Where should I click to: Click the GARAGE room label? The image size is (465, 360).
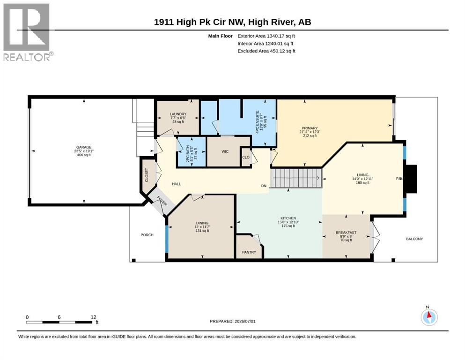pyautogui.click(x=84, y=147)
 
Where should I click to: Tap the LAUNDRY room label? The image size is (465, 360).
pyautogui.click(x=178, y=114)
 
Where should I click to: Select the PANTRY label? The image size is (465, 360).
pyautogui.click(x=249, y=252)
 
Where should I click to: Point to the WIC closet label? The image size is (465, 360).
pyautogui.click(x=225, y=152)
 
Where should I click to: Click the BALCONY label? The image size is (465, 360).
pyautogui.click(x=414, y=239)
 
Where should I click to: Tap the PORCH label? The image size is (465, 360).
pyautogui.click(x=147, y=235)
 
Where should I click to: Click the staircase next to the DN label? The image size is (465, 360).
pyautogui.click(x=296, y=178)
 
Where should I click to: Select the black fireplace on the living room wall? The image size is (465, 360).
pyautogui.click(x=411, y=179)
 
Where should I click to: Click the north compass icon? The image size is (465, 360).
pyautogui.click(x=429, y=316)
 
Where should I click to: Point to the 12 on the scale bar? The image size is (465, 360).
pyautogui.click(x=93, y=317)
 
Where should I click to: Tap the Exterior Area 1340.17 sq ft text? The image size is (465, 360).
pyautogui.click(x=266, y=36)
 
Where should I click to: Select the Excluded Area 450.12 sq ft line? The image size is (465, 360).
pyautogui.click(x=266, y=51)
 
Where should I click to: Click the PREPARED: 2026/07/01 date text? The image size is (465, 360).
pyautogui.click(x=232, y=321)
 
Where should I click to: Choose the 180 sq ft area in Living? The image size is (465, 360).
pyautogui.click(x=362, y=183)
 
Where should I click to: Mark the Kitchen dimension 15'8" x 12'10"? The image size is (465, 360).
pyautogui.click(x=288, y=222)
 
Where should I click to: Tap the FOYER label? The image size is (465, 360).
pyautogui.click(x=162, y=201)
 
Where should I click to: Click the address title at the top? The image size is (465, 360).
pyautogui.click(x=232, y=22)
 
